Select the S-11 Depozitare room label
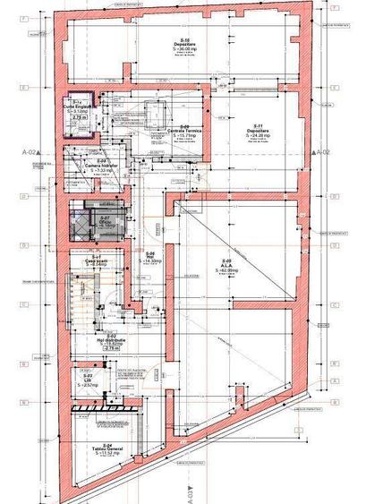point(259,132)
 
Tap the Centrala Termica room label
point(184,132)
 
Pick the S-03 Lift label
point(89,381)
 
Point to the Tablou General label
point(105,448)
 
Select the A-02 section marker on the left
point(30,152)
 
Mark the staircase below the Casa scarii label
point(87,300)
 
